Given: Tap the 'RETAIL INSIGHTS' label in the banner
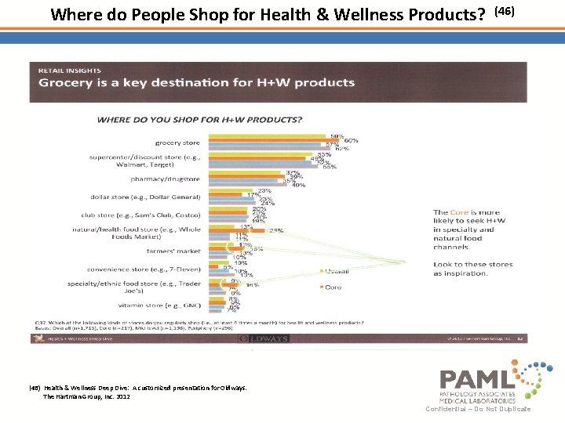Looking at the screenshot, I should point(67,70).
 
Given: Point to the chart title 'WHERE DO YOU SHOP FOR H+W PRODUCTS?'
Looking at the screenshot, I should point(199,119).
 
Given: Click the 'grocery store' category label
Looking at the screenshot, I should point(177,143).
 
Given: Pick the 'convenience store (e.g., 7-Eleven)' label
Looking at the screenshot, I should point(144,269).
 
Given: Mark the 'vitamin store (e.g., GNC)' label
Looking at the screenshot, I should point(159,305).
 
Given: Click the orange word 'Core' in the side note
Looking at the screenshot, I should point(460,212).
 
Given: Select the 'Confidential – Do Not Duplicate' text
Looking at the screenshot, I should point(478,409).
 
